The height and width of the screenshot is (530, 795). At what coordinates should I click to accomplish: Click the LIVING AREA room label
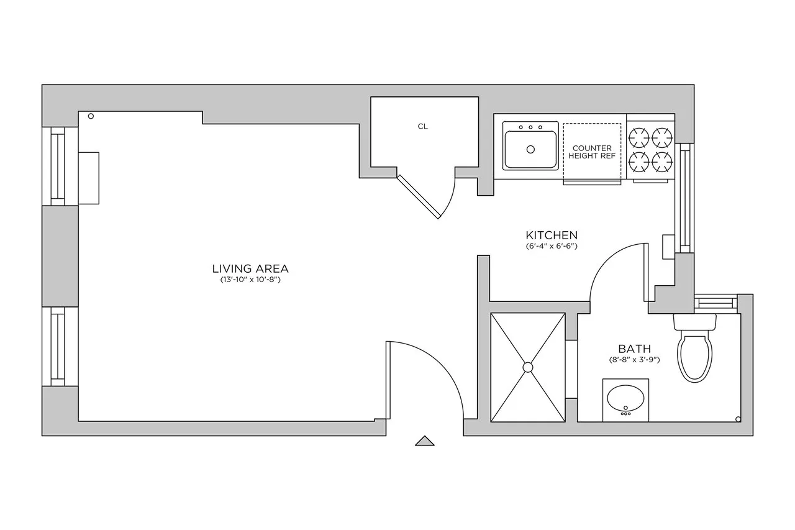tap(250, 269)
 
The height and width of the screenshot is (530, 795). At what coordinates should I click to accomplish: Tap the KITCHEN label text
tap(552, 235)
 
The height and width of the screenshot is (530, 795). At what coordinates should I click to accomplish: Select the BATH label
tap(634, 349)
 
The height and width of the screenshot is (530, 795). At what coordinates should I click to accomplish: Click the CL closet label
tap(422, 126)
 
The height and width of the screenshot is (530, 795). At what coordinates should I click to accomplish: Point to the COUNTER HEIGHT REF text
tap(592, 152)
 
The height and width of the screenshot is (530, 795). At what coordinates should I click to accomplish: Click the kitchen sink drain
tap(530, 149)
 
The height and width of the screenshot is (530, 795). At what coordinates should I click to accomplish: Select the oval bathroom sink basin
tap(625, 398)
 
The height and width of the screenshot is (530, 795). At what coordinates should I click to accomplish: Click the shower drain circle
tap(528, 367)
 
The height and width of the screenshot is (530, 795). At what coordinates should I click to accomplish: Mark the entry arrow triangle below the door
tap(424, 441)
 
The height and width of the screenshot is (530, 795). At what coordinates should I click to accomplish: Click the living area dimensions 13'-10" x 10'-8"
tap(250, 280)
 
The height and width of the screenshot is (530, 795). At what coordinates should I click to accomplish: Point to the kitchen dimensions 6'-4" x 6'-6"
tap(552, 246)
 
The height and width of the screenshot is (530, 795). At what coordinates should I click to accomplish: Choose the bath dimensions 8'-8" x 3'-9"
tap(634, 360)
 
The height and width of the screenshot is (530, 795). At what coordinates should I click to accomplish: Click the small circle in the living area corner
tap(91, 116)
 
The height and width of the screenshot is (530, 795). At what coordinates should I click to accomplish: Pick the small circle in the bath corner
tap(737, 418)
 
